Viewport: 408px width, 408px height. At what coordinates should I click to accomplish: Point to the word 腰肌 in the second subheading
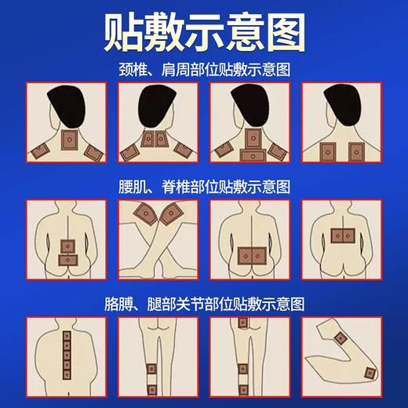(x=130, y=187)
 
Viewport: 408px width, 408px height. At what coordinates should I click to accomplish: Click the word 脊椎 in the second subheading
(x=173, y=187)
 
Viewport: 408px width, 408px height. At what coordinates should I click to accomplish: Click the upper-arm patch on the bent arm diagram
(x=340, y=339)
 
